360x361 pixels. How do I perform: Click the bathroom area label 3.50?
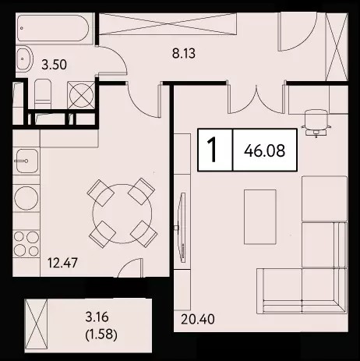tap(55, 65)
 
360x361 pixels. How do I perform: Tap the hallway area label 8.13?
tap(184, 54)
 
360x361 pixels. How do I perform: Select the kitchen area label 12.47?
tap(62, 263)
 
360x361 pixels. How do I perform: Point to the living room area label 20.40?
tap(198, 320)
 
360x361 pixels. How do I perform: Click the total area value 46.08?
tap(264, 150)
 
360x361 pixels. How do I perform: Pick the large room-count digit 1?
tap(214, 150)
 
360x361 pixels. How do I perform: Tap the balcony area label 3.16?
tap(97, 317)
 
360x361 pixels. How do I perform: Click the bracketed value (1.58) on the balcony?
tap(101, 334)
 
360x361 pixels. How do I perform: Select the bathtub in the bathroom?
tap(54, 28)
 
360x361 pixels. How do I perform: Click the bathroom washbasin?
tap(25, 58)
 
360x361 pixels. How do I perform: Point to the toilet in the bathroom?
tap(43, 94)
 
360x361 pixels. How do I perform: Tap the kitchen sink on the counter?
tap(26, 161)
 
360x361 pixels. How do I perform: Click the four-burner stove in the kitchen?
tap(26, 244)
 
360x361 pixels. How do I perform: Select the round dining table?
tap(122, 214)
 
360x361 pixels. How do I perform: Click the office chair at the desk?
tap(316, 122)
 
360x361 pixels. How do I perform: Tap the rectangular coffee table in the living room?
tap(259, 217)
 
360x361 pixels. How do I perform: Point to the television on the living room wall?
tap(182, 228)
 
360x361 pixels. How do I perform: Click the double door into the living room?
tap(256, 99)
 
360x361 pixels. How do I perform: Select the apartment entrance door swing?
tap(298, 31)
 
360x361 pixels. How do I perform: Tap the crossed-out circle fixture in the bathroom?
tap(81, 95)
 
